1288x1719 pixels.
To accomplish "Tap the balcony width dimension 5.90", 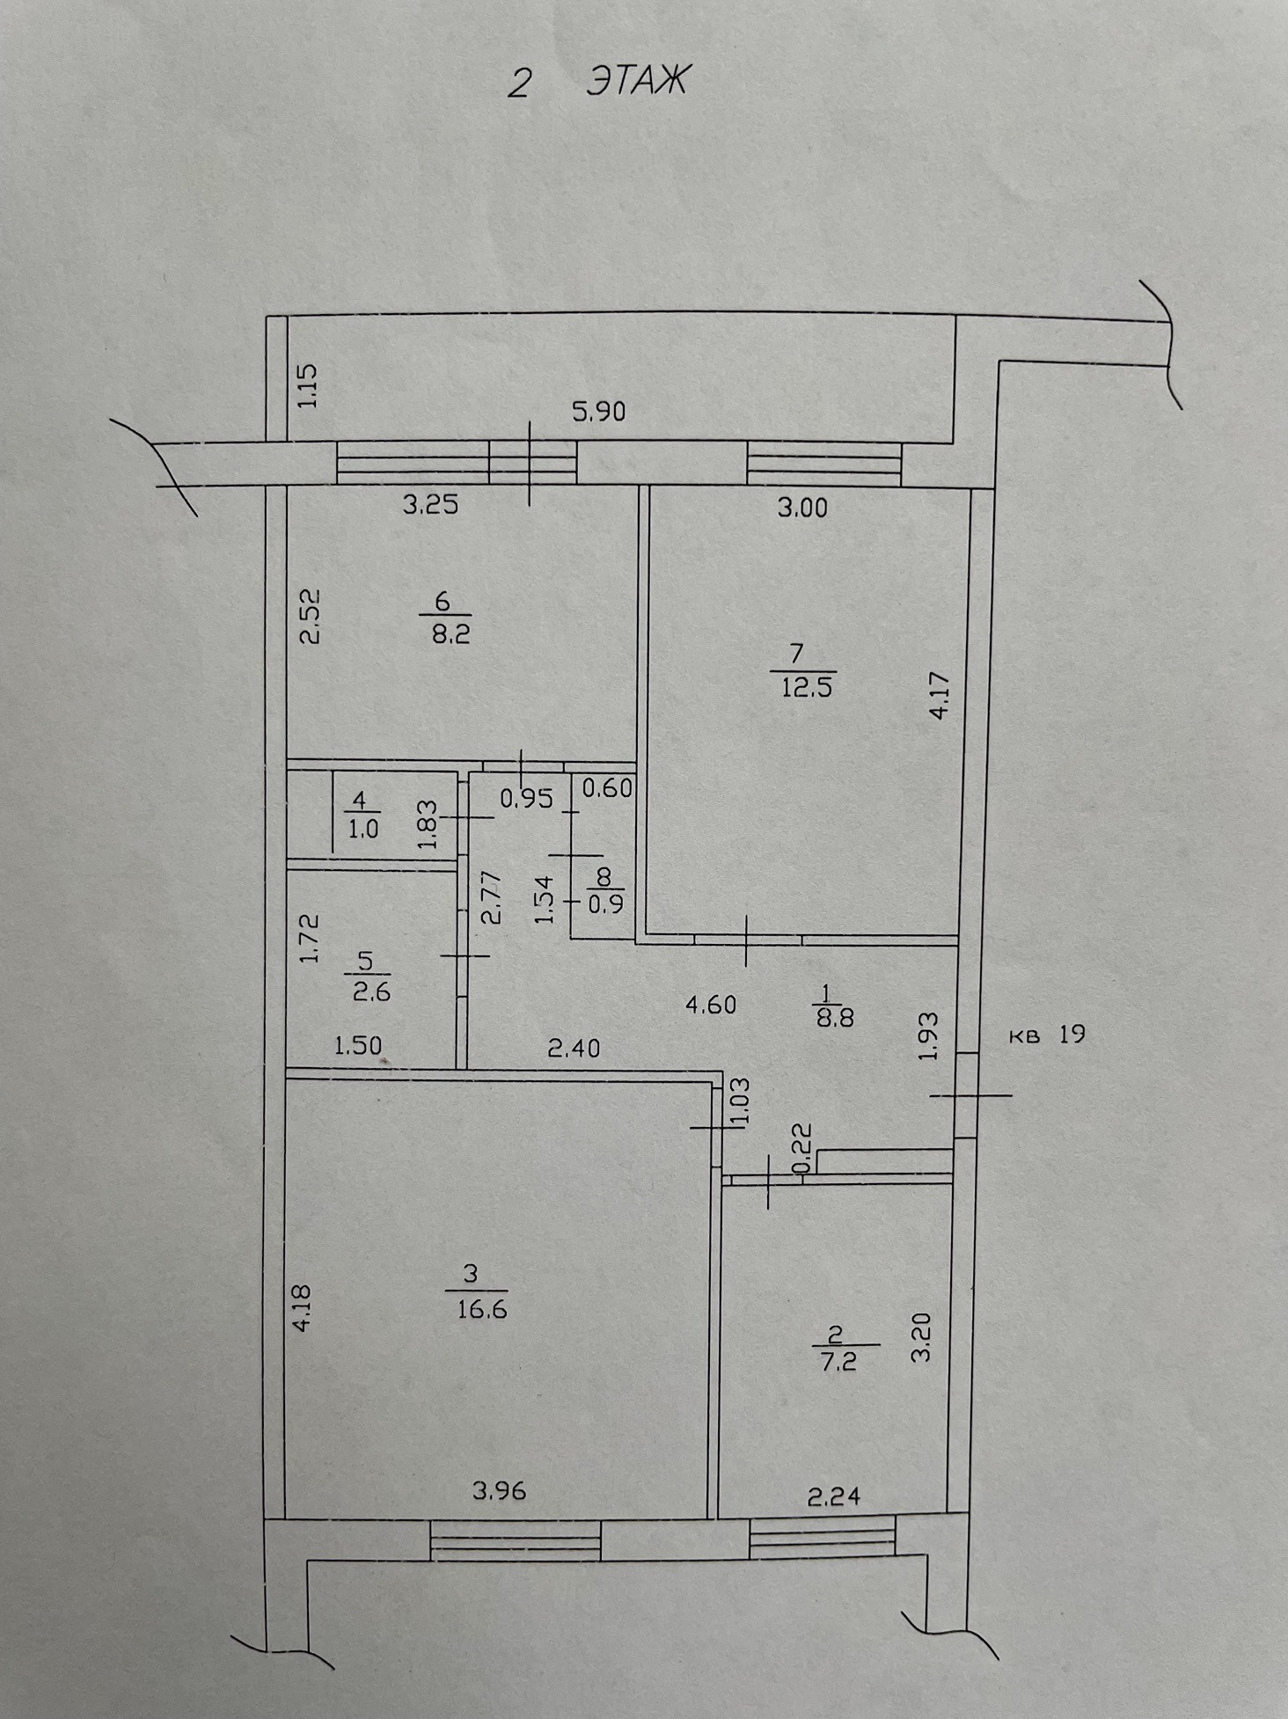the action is point(599,411).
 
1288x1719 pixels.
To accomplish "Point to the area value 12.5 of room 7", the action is point(807,686).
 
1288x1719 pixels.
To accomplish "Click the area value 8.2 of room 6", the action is point(450,633).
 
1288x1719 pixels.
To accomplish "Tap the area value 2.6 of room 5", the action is point(370,991).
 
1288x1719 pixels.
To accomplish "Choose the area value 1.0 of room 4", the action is point(362,829).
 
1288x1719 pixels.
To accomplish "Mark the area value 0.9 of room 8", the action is point(606,903).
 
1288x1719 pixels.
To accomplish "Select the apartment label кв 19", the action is point(1046,1035).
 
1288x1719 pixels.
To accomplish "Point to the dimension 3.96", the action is point(500,1490).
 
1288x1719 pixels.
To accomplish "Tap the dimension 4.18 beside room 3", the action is point(302,1309).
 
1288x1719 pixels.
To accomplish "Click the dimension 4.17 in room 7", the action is point(940,696).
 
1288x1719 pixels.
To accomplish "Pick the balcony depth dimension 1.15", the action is point(307,385).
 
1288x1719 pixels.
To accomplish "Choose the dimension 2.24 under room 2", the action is point(833,1495).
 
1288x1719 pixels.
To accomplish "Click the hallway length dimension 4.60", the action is point(711,1004).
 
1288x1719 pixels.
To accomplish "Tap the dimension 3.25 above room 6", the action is point(430,505).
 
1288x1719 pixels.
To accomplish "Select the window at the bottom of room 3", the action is point(516,1540).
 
